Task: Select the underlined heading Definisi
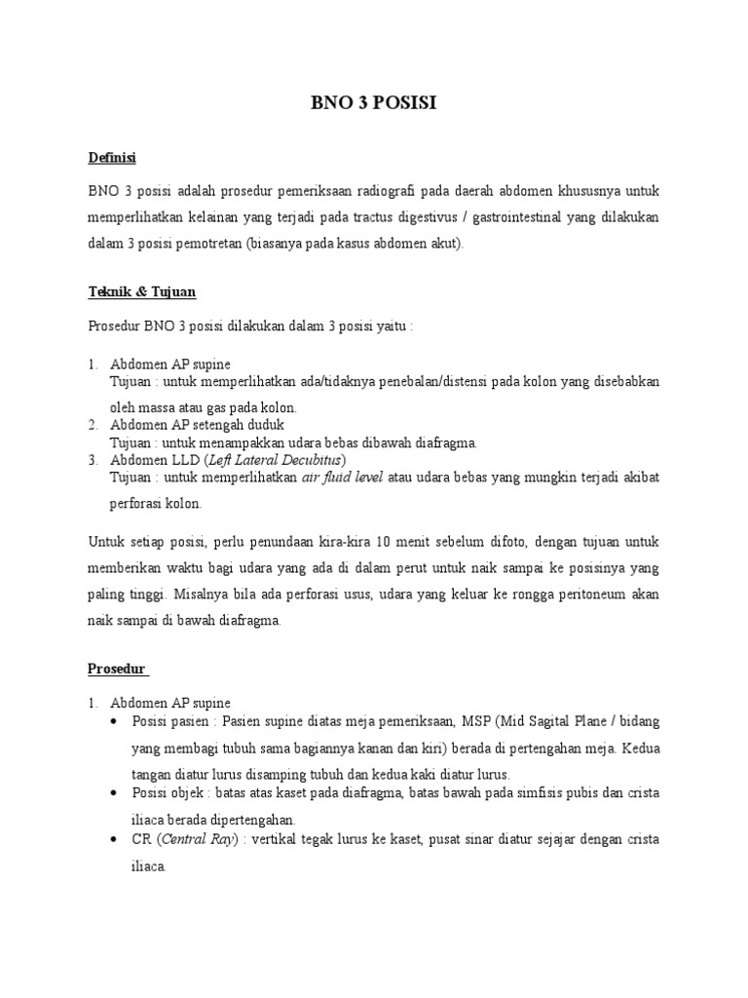111,156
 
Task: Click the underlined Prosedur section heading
116,668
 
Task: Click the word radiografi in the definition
393,188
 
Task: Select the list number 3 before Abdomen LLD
93,459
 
